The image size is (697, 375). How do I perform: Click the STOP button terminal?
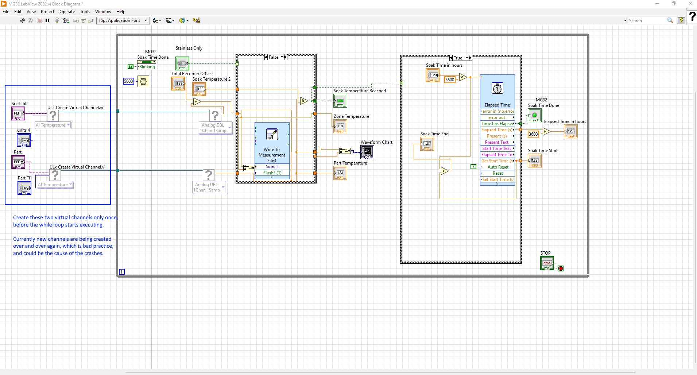coord(547,263)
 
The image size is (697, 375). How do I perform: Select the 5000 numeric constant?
coord(128,81)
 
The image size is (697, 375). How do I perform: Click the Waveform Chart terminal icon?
coord(367,152)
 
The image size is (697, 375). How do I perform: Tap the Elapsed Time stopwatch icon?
coord(497,88)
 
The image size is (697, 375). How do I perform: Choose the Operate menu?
coord(67,12)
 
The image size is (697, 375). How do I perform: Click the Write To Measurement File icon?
coord(272,134)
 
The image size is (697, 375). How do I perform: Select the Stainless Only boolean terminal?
coord(182,63)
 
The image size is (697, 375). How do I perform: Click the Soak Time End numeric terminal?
coord(427,144)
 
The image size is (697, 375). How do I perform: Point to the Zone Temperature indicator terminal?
coord(340,126)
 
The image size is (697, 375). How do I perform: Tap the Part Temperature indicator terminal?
coord(340,173)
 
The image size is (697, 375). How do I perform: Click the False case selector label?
coord(274,57)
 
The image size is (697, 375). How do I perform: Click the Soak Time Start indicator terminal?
coord(535,161)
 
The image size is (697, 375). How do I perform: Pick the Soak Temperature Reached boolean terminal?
coord(340,101)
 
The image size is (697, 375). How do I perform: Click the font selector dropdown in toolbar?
coord(123,20)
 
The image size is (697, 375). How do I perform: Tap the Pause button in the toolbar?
coord(47,20)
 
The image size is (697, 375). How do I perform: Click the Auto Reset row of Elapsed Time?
coord(497,167)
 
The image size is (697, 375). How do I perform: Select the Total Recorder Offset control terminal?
coord(178,84)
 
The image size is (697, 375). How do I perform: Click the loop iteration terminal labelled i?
coord(122,272)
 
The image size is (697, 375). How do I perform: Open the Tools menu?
coord(85,12)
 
